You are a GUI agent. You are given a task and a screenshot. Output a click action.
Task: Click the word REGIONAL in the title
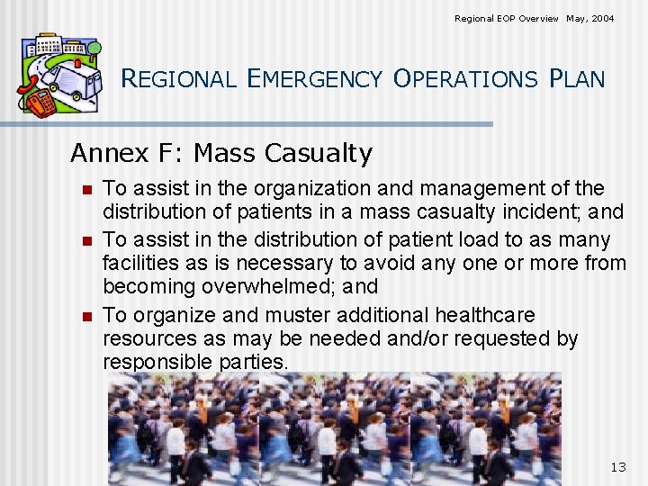click(x=178, y=79)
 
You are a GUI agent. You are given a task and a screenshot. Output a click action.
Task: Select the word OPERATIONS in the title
click(x=464, y=79)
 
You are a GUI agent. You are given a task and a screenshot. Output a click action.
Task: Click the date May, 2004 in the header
click(x=590, y=18)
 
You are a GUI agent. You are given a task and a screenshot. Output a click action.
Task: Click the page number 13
click(x=617, y=466)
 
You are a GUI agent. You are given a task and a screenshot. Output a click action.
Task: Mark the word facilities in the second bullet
click(x=134, y=264)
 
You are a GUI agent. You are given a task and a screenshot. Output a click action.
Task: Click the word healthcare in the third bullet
click(x=485, y=315)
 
